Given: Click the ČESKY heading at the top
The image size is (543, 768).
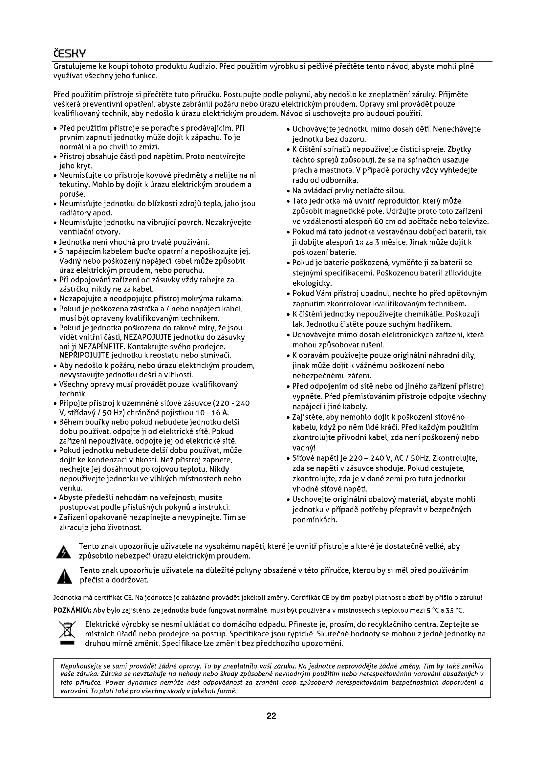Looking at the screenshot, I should point(70,53).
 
